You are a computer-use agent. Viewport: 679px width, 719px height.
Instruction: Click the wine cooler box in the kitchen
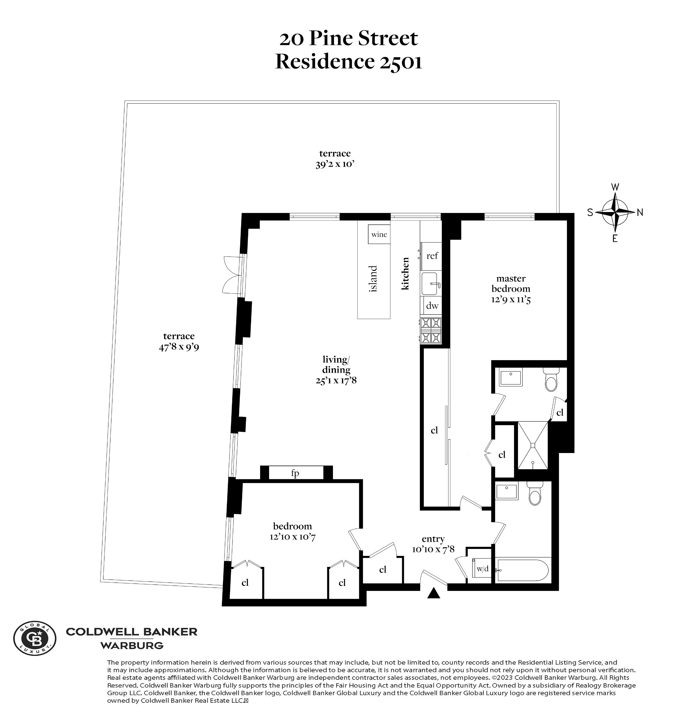coord(379,234)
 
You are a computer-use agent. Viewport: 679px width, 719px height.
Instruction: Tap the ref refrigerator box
coord(432,256)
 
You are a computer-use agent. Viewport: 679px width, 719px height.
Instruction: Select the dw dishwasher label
coord(432,306)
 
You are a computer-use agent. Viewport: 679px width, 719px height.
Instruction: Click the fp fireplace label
coord(295,473)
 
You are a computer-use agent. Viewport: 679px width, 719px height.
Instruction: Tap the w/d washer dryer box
coord(482,569)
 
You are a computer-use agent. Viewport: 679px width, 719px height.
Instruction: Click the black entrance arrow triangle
coord(433,593)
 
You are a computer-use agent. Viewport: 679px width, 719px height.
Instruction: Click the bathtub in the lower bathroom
coord(523,570)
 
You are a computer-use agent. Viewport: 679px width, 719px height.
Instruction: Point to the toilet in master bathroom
coord(551,381)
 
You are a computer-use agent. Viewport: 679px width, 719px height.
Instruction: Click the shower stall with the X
coord(533,445)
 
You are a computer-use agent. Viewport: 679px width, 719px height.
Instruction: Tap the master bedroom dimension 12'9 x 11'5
coord(511,300)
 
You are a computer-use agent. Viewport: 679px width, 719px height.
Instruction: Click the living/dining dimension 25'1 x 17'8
coord(336,380)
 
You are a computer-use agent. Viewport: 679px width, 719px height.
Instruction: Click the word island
coord(373,279)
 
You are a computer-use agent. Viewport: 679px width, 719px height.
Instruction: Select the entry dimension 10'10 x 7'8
coord(433,549)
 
